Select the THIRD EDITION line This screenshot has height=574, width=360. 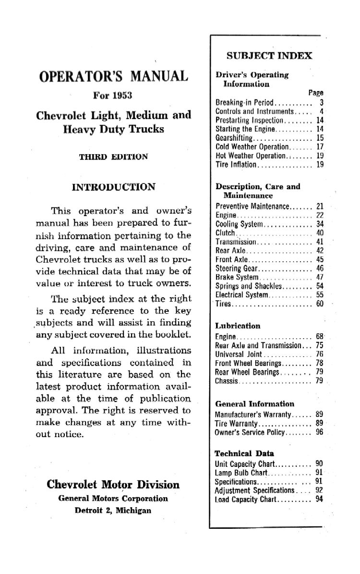113,156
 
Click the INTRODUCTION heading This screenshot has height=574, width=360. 113,187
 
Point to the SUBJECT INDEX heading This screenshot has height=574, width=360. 269,56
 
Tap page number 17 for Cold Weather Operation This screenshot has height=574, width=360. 320,147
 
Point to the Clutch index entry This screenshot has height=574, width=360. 226,233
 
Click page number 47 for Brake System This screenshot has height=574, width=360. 320,277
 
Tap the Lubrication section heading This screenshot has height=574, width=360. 238,326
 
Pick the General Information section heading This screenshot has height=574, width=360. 254,404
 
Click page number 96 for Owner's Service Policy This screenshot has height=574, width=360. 320,432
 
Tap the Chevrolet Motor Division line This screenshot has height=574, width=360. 113,484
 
